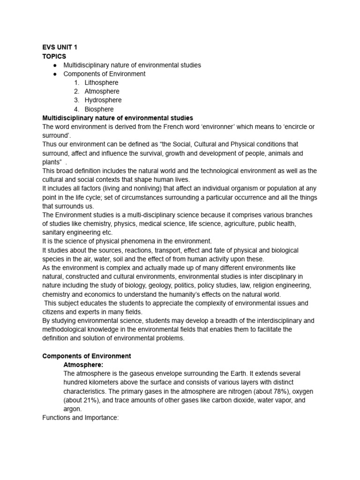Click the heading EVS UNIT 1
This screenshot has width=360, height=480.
(x=60, y=47)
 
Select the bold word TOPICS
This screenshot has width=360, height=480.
(x=54, y=56)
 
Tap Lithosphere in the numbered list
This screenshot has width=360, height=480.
(x=101, y=82)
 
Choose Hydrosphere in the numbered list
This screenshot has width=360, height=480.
(x=103, y=100)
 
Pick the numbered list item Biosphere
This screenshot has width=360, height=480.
(x=99, y=109)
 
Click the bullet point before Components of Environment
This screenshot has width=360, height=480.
(x=55, y=74)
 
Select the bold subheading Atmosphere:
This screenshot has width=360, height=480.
(x=83, y=365)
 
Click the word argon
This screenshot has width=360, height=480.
(x=72, y=409)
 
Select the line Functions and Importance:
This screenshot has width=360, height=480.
(x=81, y=418)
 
